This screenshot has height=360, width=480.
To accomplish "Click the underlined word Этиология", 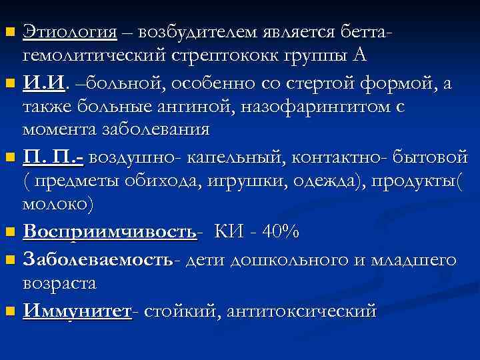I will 70,31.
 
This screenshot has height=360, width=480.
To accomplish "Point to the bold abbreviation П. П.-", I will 53,158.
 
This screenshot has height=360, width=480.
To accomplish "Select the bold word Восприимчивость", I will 110,232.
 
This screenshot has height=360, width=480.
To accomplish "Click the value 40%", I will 280,232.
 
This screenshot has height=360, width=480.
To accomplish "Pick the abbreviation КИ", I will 229,232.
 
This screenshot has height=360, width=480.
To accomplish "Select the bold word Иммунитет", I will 77,311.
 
